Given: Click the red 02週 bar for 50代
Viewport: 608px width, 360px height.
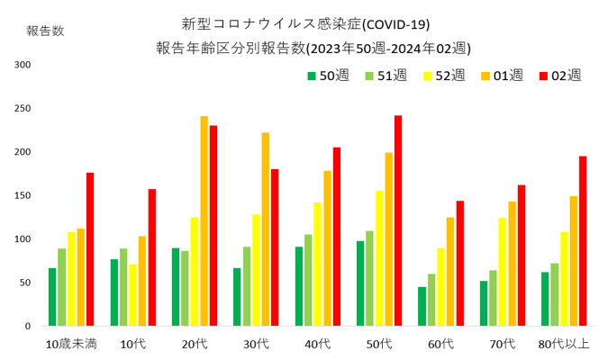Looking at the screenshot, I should (x=398, y=220).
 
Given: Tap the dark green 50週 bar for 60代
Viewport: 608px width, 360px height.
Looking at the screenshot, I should (x=422, y=306).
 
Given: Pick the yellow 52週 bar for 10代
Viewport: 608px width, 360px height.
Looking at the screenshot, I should (x=132, y=294).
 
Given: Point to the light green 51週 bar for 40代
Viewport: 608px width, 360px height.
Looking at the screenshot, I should (x=308, y=280).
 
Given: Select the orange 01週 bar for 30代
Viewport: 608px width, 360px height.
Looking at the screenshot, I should (x=266, y=229).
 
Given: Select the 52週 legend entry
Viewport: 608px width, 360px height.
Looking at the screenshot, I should (x=441, y=75).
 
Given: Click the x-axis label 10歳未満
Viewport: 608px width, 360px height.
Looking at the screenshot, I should (x=71, y=343).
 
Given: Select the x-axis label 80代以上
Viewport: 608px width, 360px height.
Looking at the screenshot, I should (x=564, y=343).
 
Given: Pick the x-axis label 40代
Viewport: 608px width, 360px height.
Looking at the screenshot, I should (x=318, y=343).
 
